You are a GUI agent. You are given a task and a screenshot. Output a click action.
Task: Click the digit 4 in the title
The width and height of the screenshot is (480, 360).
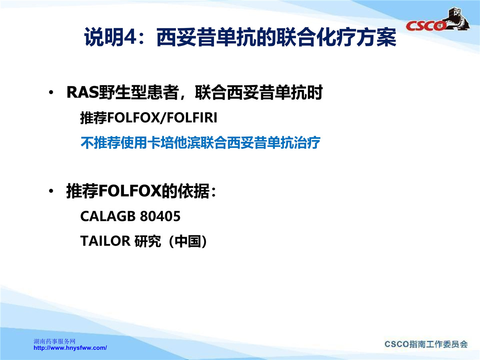(130, 37)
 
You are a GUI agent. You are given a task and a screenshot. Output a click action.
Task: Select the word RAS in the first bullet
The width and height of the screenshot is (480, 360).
(83, 92)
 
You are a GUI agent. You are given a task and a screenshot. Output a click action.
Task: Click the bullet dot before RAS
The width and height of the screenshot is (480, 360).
(51, 92)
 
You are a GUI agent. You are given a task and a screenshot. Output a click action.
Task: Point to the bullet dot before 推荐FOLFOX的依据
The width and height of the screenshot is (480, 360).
(51, 191)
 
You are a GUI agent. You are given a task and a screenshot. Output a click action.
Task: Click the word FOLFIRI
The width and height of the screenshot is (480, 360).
(192, 117)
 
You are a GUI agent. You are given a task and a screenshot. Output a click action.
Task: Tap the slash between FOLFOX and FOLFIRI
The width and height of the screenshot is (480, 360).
(163, 118)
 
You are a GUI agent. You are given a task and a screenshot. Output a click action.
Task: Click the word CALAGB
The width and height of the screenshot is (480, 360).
(108, 216)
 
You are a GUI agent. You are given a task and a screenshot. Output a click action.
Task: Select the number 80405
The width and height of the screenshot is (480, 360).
(160, 216)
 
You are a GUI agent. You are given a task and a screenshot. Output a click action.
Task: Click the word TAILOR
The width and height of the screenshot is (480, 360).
(106, 241)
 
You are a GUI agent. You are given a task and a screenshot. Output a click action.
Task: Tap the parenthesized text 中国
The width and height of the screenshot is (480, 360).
(188, 241)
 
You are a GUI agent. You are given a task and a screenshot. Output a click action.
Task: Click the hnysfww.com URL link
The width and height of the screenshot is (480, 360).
(70, 348)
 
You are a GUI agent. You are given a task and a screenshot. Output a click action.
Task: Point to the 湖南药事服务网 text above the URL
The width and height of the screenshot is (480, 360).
(54, 342)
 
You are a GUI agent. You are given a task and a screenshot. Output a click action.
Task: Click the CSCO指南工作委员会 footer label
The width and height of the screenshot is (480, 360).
(426, 344)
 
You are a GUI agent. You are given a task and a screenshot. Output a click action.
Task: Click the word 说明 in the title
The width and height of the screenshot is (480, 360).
(104, 37)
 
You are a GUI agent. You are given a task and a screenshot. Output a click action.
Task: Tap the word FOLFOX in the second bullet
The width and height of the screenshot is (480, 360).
(130, 191)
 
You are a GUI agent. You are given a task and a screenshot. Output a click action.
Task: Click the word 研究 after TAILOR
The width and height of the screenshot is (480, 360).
(148, 241)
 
